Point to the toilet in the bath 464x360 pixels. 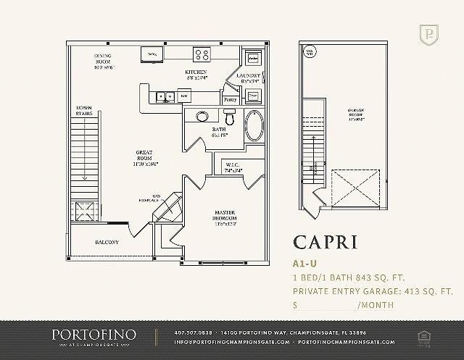tap(230, 116)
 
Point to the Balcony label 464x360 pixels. tap(106, 242)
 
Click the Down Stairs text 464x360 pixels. tap(83, 111)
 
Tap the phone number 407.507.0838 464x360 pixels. tap(194, 332)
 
